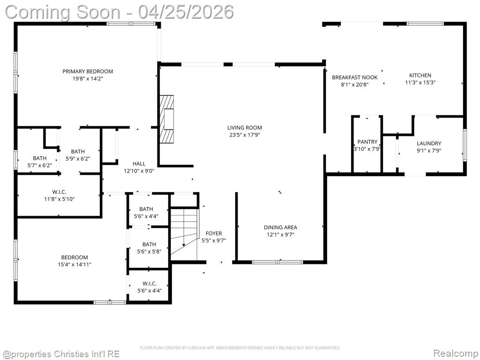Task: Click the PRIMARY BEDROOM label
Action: pyautogui.click(x=88, y=71)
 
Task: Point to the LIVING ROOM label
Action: pyautogui.click(x=245, y=127)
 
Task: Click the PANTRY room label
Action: pyautogui.click(x=367, y=142)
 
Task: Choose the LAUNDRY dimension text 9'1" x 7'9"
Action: pyautogui.click(x=429, y=150)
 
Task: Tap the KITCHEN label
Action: pyautogui.click(x=420, y=75)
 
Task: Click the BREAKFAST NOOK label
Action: pyautogui.click(x=355, y=77)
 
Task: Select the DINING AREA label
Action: pyautogui.click(x=280, y=227)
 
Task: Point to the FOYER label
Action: pyautogui.click(x=214, y=233)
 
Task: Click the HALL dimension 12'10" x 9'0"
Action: pyautogui.click(x=139, y=171)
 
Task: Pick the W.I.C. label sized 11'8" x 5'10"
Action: pyautogui.click(x=60, y=192)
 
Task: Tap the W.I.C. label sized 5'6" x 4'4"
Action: pyautogui.click(x=150, y=284)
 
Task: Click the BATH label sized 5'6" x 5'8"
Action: pyautogui.click(x=149, y=244)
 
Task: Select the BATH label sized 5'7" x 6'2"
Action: pyautogui.click(x=40, y=158)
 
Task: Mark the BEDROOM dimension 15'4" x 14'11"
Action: pyautogui.click(x=75, y=264)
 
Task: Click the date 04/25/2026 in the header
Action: pyautogui.click(x=186, y=12)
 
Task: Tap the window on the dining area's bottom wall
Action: pyautogui.click(x=277, y=262)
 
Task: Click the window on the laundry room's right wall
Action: pyautogui.click(x=465, y=145)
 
